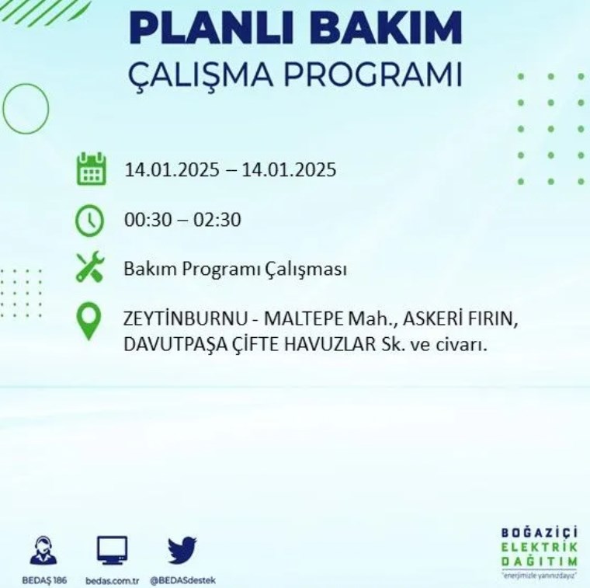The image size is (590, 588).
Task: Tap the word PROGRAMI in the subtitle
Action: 372,75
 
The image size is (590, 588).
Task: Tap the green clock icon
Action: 89,221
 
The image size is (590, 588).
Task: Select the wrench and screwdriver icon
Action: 90,267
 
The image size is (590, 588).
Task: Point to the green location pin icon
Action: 88,321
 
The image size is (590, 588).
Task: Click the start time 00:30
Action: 147,220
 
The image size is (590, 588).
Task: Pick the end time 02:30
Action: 217,220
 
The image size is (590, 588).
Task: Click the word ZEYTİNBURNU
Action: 185,319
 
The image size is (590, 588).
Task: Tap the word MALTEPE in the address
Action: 304,319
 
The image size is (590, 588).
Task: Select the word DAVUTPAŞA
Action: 175,344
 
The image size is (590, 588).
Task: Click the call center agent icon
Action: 43,551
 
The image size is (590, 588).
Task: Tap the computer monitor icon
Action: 112,551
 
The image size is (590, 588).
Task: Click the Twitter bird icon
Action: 182,551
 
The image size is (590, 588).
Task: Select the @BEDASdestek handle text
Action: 183,581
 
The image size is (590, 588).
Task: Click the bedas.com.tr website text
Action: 112,581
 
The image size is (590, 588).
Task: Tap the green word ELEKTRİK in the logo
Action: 540,547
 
